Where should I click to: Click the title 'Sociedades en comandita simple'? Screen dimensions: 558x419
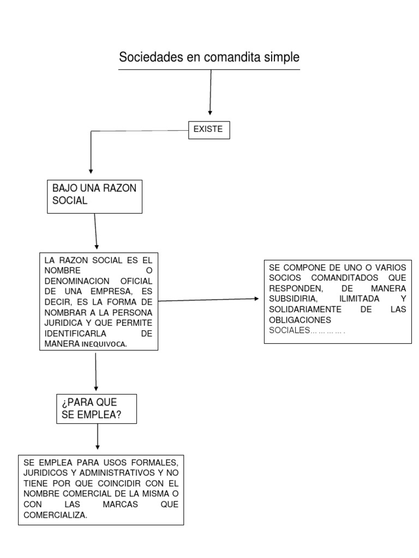pyautogui.click(x=209, y=57)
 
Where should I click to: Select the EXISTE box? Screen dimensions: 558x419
pyautogui.click(x=209, y=130)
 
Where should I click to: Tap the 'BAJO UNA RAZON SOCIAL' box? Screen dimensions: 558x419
pyautogui.click(x=95, y=195)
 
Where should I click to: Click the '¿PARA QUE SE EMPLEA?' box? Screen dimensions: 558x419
pyautogui.click(x=96, y=409)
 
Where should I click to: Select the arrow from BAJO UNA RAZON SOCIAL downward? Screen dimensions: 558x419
pyautogui.click(x=96, y=231)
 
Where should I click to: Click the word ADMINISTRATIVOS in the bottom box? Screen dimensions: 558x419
pyautogui.click(x=103, y=472)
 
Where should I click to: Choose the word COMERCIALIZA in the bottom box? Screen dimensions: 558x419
pyautogui.click(x=55, y=514)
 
